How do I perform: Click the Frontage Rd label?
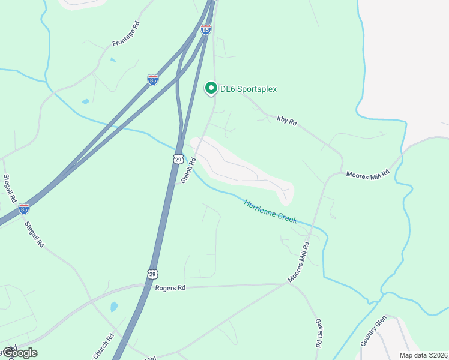[125, 34]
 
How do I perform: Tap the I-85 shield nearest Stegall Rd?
[23, 208]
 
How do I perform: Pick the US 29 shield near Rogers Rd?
[152, 273]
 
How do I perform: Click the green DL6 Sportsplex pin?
[211, 88]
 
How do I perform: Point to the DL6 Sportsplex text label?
[248, 89]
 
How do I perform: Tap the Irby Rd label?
[287, 121]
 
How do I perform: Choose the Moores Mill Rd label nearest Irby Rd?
[368, 174]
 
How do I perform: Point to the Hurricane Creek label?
[270, 211]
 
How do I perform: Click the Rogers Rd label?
[170, 288]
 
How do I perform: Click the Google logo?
[19, 352]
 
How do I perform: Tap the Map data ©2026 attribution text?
[423, 355]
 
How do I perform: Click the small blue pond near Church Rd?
[114, 307]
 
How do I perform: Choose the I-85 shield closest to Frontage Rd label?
[153, 79]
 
